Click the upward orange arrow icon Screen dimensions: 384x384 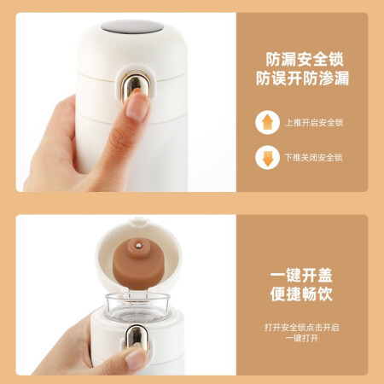267,122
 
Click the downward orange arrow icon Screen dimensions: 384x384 267,157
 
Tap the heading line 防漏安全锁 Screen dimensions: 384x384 305,59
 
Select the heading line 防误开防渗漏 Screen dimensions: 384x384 302,79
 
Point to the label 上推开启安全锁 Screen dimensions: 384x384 314,123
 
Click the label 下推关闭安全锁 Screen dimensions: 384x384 314,157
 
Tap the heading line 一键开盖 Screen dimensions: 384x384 301,276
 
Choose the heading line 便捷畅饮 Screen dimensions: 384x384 301,294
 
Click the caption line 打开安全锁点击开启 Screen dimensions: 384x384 301,328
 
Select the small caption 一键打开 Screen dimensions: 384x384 301,338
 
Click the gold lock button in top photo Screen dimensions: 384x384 132,85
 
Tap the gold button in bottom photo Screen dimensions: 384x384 137,338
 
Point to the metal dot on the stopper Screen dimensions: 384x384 138,244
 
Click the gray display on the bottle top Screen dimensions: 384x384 132,26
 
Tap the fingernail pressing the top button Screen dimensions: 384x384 137,107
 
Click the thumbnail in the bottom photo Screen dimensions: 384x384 137,358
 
